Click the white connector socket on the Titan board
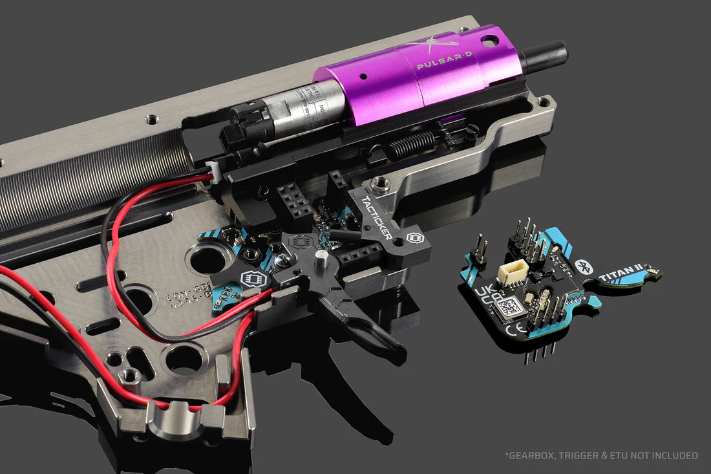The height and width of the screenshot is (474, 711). click(513, 272)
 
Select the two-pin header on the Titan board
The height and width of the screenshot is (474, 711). click(479, 252)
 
